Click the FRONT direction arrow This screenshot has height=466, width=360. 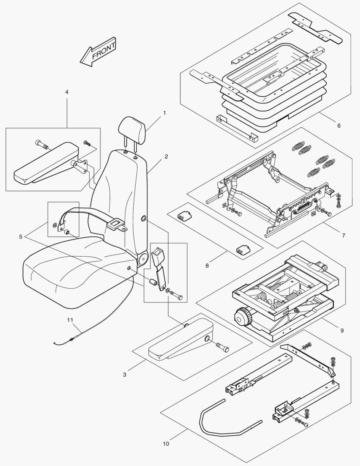tap(98, 52)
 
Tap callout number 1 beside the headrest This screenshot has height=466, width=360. tap(164, 113)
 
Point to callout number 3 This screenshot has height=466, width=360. tap(125, 375)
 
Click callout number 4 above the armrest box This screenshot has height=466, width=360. tap(67, 92)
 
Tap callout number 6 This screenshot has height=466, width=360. tap(338, 126)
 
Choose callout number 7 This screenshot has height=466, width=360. tap(343, 236)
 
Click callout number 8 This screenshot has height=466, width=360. tap(207, 266)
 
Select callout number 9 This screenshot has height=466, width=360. tap(342, 331)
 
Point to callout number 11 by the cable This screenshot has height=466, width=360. tap(70, 320)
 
